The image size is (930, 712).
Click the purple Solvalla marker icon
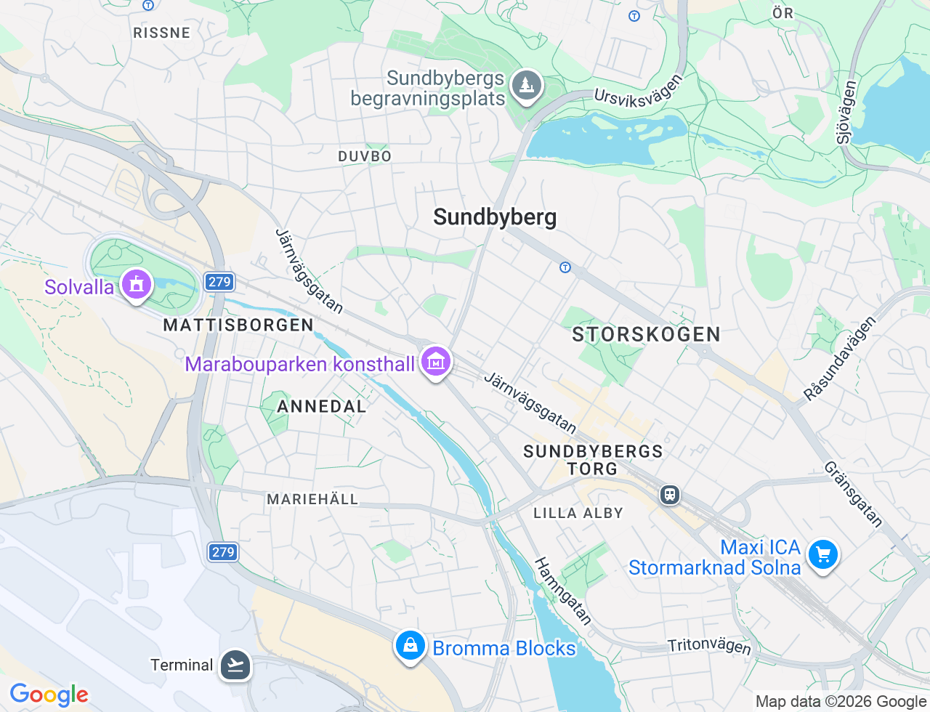coord(136,284)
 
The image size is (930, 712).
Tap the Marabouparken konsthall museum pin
coord(436,360)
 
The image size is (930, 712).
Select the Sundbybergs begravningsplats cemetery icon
coord(526,86)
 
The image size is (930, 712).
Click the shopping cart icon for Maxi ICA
coord(822,556)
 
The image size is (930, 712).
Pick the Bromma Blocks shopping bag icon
coord(410,645)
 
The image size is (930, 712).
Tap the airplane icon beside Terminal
coord(235,664)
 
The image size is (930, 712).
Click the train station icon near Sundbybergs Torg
coord(669,495)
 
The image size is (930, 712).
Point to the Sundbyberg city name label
coord(495,217)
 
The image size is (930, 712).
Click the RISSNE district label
coord(161,33)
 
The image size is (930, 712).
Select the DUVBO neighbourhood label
coord(365,156)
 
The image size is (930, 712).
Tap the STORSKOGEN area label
coord(646,334)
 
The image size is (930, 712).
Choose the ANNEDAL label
coord(322,406)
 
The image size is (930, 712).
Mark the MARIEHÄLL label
coord(312,499)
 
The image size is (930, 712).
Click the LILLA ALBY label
coord(578,513)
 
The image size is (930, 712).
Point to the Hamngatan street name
coord(563,591)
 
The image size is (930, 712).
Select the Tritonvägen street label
coord(709,645)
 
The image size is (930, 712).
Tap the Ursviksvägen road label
coord(639,91)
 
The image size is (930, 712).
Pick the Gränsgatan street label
coord(853,493)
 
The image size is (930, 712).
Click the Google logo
coord(49,695)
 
